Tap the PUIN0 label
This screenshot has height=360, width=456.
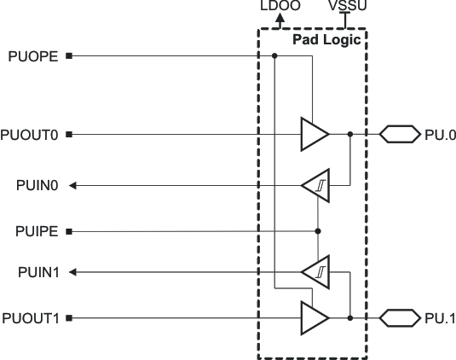[x=36, y=184]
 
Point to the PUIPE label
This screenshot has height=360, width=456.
[x=37, y=231]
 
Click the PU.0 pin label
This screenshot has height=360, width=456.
[x=440, y=134]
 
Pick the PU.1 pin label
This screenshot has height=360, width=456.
[x=440, y=318]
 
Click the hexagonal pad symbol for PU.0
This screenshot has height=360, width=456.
[x=399, y=134]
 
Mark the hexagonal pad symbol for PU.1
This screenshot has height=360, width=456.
[x=399, y=318]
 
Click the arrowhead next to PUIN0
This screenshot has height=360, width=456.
[x=72, y=184]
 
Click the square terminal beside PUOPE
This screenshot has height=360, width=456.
[x=69, y=57]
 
